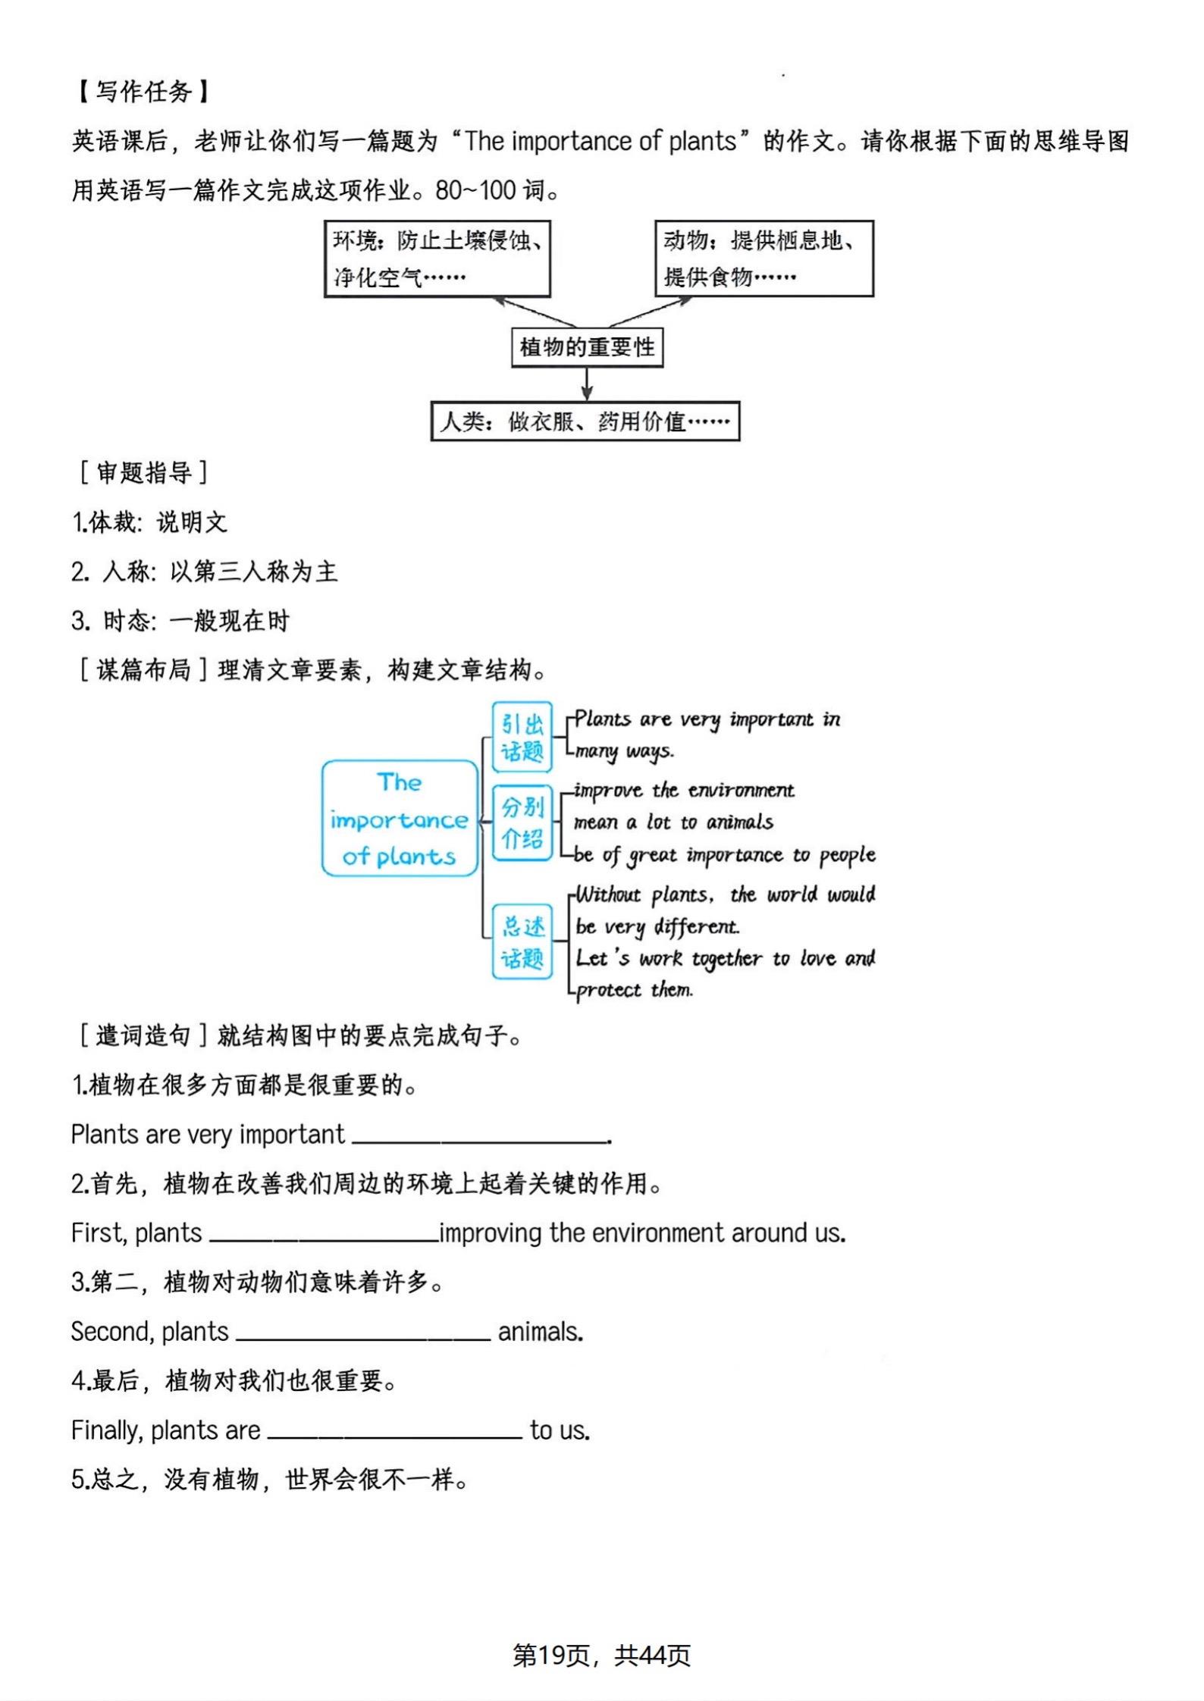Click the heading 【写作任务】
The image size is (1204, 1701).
point(143,92)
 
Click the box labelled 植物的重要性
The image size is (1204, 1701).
point(587,347)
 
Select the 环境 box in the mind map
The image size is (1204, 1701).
point(437,258)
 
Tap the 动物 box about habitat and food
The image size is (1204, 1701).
point(763,258)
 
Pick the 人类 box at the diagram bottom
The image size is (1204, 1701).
point(585,421)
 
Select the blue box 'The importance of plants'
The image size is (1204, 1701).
point(400,819)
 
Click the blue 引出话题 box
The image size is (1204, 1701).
point(522,737)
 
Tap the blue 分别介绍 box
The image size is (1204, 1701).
point(522,822)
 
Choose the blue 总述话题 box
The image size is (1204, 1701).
point(522,941)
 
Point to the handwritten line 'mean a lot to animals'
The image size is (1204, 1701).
point(673,822)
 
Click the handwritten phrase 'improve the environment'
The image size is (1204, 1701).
point(684,791)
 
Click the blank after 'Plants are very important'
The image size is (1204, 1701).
point(480,1136)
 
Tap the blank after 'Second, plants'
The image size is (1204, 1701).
point(363,1333)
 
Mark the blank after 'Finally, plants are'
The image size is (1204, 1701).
point(394,1431)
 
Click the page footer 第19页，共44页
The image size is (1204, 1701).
point(601,1656)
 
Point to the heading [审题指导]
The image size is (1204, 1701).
point(143,473)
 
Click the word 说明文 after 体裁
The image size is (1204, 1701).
point(192,522)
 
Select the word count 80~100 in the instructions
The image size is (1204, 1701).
point(475,190)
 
